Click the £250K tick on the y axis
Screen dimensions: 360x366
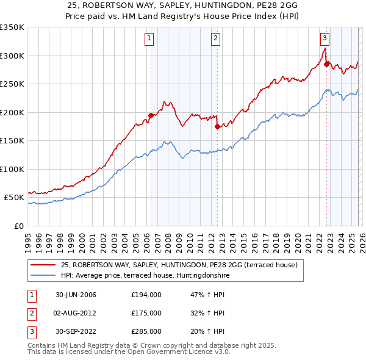pyautogui.click(x=12, y=84)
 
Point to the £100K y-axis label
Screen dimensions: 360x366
pyautogui.click(x=12, y=169)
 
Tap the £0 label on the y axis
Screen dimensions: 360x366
pyautogui.click(x=18, y=226)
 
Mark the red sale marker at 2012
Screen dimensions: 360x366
pyautogui.click(x=217, y=126)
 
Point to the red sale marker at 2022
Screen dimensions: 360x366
pyautogui.click(x=327, y=63)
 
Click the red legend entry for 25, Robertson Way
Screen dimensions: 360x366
pyautogui.click(x=179, y=265)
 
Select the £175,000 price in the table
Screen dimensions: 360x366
pyautogui.click(x=146, y=313)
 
